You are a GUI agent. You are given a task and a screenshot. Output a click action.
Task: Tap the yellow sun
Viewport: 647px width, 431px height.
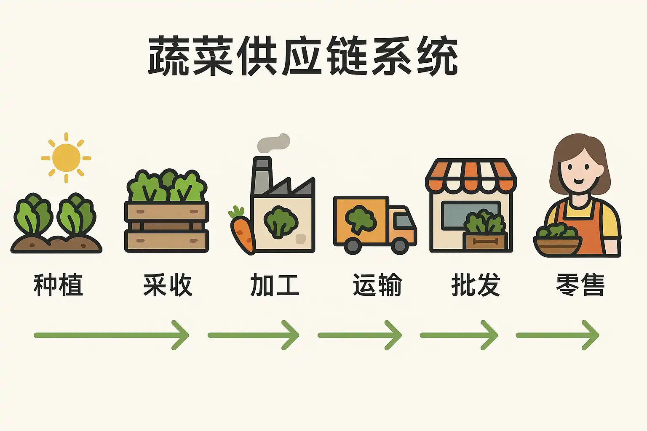pos(66,158)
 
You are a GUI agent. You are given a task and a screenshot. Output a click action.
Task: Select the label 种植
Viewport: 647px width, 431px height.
pos(58,285)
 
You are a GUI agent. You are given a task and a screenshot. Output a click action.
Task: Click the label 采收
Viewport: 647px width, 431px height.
pos(168,285)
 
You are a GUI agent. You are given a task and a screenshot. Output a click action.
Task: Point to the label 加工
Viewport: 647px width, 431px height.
pos(275,285)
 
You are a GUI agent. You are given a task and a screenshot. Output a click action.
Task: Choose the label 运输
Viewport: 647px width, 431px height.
pos(377,285)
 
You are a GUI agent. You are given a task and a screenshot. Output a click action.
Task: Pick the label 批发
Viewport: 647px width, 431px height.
pos(476,285)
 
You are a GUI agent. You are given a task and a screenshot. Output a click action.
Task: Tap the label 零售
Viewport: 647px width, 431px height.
pos(580,285)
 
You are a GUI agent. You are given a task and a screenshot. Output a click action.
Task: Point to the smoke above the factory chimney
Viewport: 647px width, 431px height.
pos(274,143)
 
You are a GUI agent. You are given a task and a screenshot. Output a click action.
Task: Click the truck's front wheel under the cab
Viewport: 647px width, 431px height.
pos(399,245)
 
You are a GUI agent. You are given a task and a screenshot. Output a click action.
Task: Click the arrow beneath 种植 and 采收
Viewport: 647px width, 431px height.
pos(112,335)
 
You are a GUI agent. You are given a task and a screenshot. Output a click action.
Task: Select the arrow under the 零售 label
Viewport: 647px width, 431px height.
pos(557,335)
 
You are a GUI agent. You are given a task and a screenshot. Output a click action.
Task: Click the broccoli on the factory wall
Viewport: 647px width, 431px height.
pos(281,221)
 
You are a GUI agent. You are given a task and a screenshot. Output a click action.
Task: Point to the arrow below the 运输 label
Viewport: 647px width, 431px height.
pos(359,335)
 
